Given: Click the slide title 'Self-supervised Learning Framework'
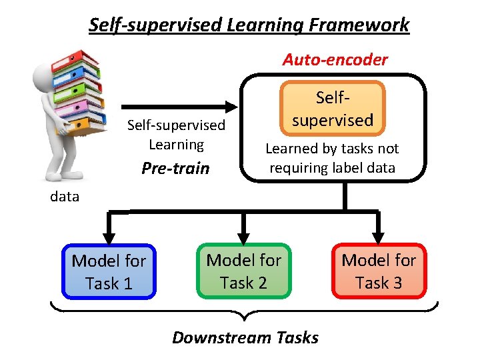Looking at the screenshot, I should (249, 25).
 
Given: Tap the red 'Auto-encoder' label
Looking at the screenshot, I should (335, 59).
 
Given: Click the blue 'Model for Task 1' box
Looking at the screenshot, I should (109, 272).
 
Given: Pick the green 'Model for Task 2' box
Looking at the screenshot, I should (244, 271).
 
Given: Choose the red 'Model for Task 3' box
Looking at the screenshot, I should (379, 271).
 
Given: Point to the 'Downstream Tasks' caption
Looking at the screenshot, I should (245, 337).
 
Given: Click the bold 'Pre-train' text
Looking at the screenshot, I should (175, 168).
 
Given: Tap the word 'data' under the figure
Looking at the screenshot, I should (65, 197).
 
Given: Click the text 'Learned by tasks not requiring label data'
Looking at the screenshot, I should (332, 159).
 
